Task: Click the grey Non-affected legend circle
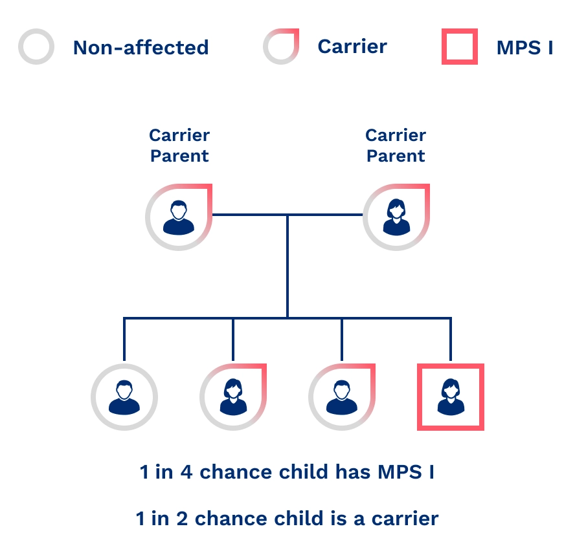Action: point(36,47)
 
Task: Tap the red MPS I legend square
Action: point(460,47)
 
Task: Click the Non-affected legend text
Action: point(141,47)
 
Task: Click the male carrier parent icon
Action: point(179,217)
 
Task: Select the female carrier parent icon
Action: point(396,217)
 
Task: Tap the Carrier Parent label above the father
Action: point(179,146)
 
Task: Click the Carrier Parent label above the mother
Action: point(396,146)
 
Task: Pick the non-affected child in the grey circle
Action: point(124,396)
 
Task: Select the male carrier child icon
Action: point(341,396)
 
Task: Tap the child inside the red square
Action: point(451,396)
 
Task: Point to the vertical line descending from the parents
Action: point(287,272)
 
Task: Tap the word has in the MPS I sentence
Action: point(354,472)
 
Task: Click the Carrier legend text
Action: point(352,47)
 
